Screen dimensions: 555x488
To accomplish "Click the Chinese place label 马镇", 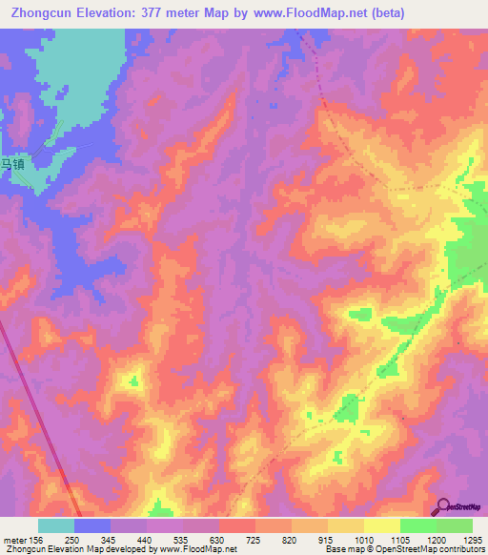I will click(x=11, y=164).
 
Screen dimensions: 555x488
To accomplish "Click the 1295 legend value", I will click(x=473, y=539).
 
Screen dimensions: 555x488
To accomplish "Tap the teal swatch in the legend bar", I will click(x=56, y=525).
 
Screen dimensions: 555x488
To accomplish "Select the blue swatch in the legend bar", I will click(x=92, y=525).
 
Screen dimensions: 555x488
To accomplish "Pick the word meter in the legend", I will click(x=12, y=539).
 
